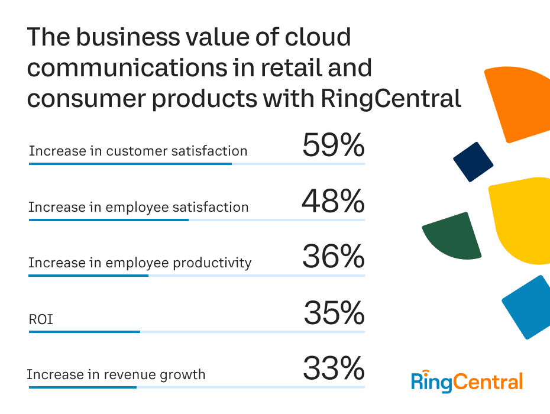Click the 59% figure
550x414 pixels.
click(333, 145)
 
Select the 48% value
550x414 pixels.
click(333, 202)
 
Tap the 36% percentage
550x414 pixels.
click(333, 257)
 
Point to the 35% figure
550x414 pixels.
click(334, 313)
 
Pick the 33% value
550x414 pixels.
click(334, 369)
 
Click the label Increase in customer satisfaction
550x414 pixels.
click(138, 151)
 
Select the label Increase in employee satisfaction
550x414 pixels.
click(138, 207)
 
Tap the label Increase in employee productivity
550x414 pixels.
click(140, 263)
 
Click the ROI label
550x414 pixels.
click(41, 319)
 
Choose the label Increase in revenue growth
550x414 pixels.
click(116, 374)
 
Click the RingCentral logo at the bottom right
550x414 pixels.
click(467, 381)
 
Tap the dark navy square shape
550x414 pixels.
click(473, 161)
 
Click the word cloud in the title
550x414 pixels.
click(318, 38)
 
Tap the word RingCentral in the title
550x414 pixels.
click(391, 98)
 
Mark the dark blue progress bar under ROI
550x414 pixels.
click(84, 332)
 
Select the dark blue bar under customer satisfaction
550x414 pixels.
click(130, 163)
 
